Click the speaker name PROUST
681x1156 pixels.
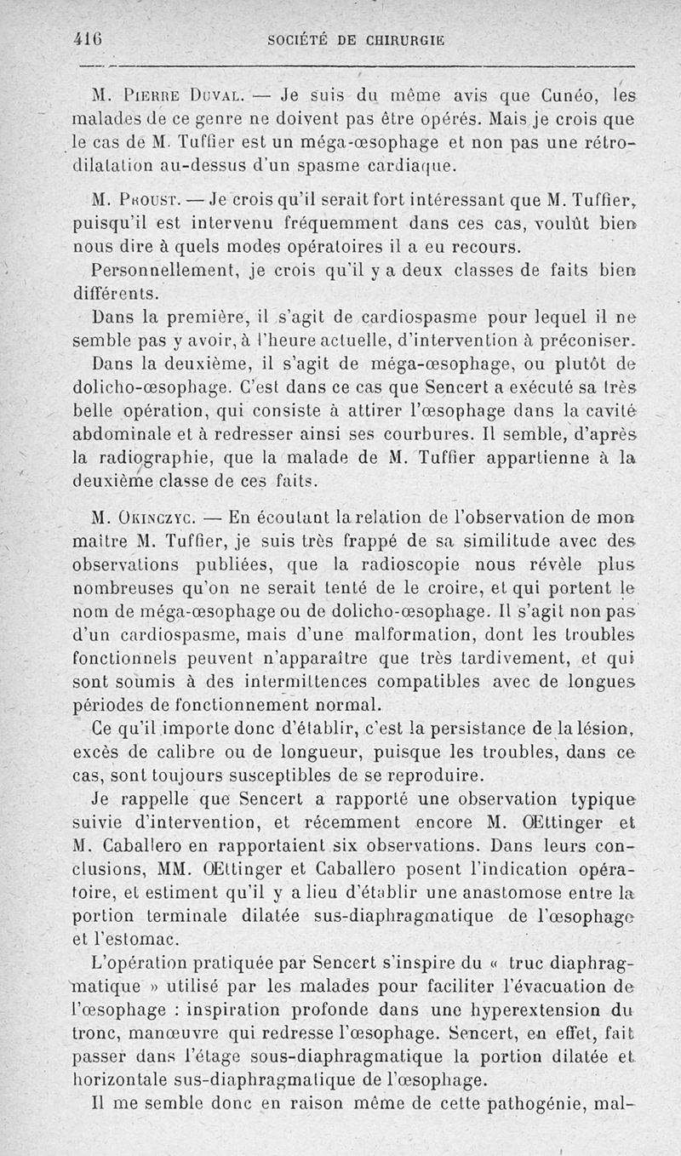[x=158, y=204]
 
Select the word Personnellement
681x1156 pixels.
[x=164, y=272]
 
